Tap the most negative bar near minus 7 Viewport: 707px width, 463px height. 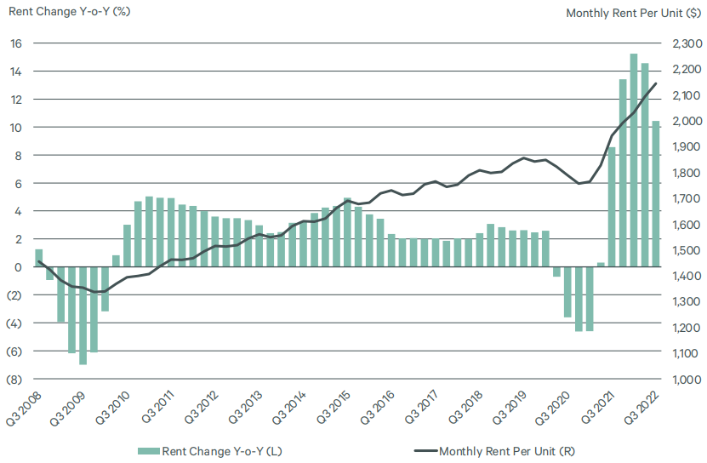tap(83, 315)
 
